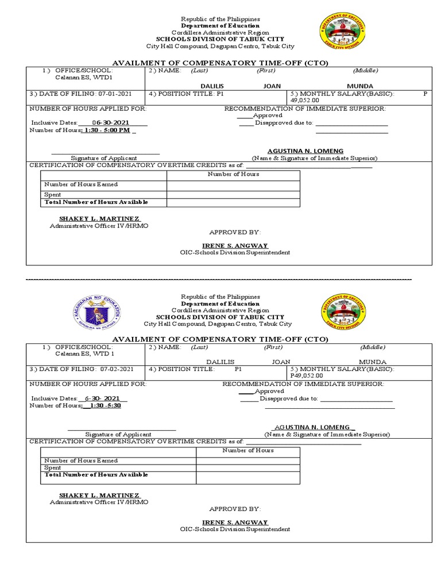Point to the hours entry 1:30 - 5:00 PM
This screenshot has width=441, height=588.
(107, 130)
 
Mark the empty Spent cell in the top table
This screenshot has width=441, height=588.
(233, 195)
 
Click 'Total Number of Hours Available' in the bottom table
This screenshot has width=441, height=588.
(96, 475)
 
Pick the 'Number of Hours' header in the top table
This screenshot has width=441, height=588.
(233, 174)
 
